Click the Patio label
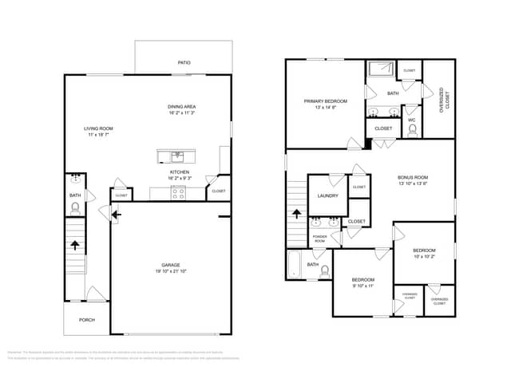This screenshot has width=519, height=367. (184, 62)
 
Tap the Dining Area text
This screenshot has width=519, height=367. (182, 107)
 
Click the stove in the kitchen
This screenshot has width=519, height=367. (179, 191)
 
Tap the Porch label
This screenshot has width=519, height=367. (86, 320)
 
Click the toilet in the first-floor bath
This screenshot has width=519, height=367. (76, 208)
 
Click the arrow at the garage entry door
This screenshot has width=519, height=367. (116, 214)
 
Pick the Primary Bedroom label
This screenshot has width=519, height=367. (325, 101)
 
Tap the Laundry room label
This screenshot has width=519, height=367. (327, 195)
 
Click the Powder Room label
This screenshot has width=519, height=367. (319, 239)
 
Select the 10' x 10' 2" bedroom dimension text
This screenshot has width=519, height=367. (424, 257)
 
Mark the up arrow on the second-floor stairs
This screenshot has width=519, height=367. (297, 213)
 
